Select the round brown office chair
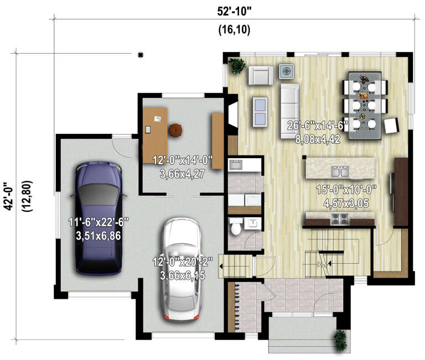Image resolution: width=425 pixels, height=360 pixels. tap(175, 130)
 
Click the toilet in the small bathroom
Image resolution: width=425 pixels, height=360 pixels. tap(236, 226)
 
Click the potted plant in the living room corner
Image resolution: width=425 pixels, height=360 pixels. tap(238, 66)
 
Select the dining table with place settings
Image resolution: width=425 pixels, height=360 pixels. tap(365, 102)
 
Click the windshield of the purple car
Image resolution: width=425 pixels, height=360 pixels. tap(99, 194)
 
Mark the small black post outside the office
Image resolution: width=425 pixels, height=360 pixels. tap(141, 54)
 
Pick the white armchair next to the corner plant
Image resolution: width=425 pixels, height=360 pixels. tap(261, 75)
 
